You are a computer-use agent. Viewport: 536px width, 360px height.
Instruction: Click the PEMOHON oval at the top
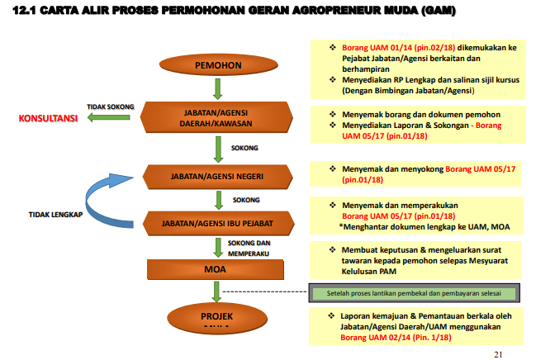coord(217,64)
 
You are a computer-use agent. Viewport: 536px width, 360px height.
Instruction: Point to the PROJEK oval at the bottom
coord(216,317)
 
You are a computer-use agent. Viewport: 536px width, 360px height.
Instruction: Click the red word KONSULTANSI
coord(48,118)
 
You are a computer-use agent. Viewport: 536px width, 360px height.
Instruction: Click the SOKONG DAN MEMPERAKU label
coord(250,246)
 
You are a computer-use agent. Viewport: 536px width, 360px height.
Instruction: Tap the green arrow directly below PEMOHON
coord(216,88)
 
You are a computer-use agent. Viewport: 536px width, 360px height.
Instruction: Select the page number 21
coord(497,353)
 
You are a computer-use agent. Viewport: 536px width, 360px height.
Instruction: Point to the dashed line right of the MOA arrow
coord(264,291)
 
